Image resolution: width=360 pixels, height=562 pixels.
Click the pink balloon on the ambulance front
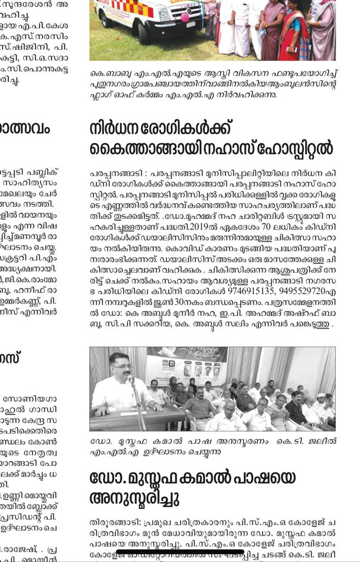[x=185, y=17]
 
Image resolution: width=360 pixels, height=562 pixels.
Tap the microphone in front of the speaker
[x=131, y=379]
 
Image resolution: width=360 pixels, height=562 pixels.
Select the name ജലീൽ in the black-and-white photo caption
[x=324, y=441]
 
